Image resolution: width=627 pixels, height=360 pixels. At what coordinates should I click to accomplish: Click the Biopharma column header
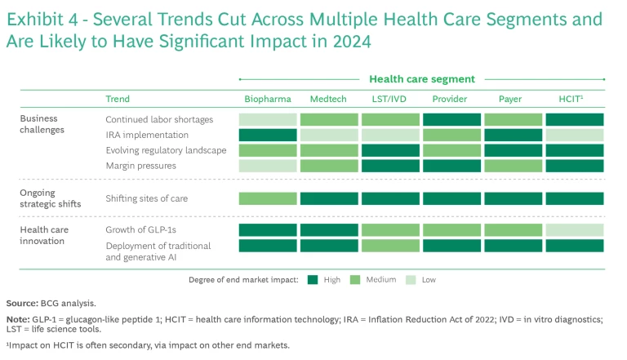pyautogui.click(x=268, y=100)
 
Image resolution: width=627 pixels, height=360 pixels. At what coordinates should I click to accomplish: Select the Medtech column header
pyautogui.click(x=328, y=100)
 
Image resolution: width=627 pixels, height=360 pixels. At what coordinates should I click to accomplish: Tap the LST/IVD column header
pyautogui.click(x=389, y=100)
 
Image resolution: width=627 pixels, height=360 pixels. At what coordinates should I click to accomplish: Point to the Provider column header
pyautogui.click(x=451, y=100)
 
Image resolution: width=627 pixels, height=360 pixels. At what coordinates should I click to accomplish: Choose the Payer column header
pyautogui.click(x=512, y=100)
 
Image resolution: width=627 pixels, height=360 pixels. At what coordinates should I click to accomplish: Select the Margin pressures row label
pyautogui.click(x=140, y=166)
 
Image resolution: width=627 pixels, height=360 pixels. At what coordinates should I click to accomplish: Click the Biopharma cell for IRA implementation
pyautogui.click(x=268, y=135)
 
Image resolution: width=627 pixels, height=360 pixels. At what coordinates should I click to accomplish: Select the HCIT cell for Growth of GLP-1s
pyautogui.click(x=574, y=230)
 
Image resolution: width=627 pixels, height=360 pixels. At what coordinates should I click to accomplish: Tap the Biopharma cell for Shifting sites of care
pyautogui.click(x=268, y=198)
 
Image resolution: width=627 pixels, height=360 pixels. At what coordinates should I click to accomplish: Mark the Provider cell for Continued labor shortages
pyautogui.click(x=451, y=119)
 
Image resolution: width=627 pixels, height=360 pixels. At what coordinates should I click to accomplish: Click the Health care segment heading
pyautogui.click(x=421, y=79)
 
